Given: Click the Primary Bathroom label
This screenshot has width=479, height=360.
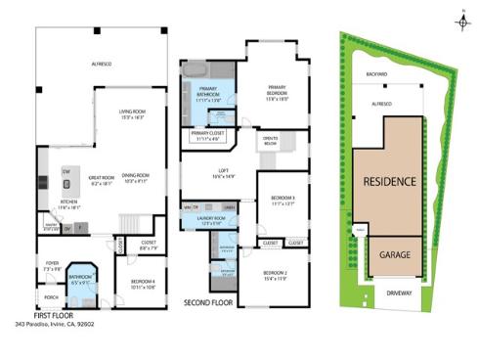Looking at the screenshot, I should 209,93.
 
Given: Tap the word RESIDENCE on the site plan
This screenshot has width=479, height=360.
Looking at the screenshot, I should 389,182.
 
